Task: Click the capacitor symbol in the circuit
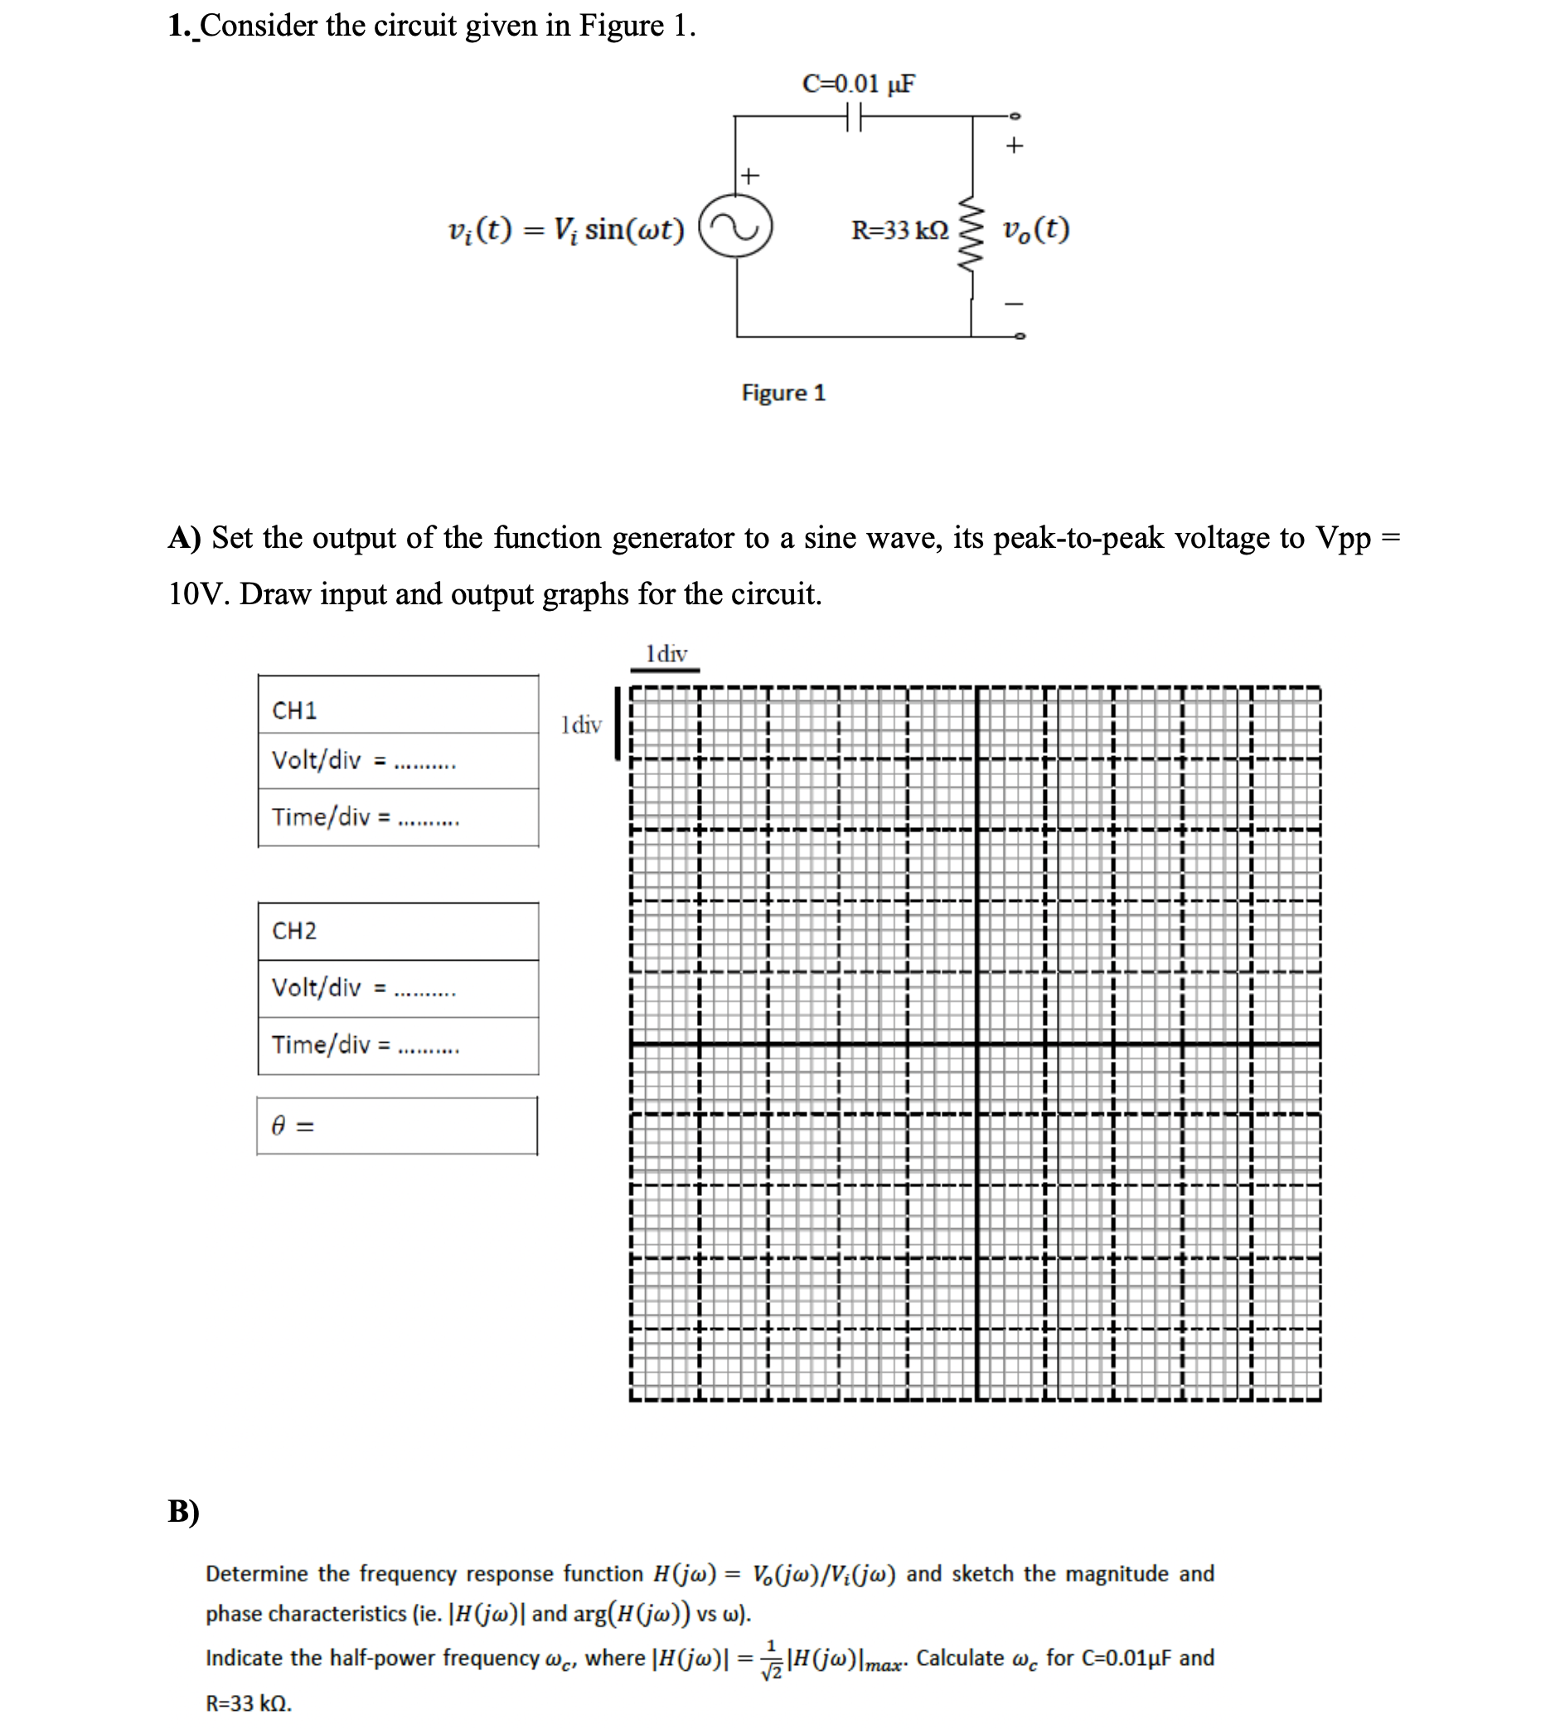852,116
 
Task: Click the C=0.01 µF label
858,83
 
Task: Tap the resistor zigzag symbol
970,233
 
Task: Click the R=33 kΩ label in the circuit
899,230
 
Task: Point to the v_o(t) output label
1036,229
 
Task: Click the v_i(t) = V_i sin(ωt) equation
566,229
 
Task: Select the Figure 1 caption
783,393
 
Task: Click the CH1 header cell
398,710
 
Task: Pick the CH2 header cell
398,931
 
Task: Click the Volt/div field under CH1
398,760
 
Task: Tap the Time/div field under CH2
398,1044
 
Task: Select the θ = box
397,1125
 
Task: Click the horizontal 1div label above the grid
666,653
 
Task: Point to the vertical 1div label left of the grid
580,724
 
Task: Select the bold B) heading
183,1510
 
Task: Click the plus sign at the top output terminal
1014,146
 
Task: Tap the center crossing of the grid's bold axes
976,1043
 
